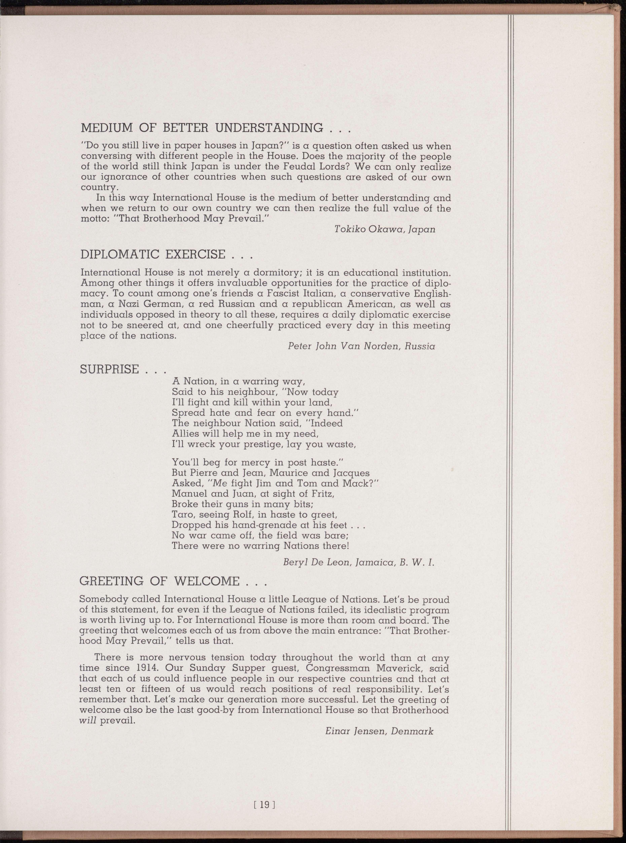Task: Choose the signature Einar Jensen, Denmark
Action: pos(379,731)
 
